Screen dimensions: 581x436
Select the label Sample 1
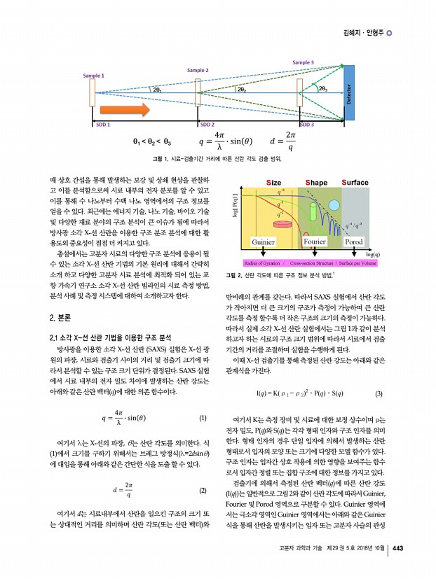tap(93, 75)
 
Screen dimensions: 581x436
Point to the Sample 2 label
tap(197, 70)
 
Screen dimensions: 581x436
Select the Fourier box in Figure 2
tap(314, 242)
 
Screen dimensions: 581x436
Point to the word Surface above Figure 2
tap(355, 183)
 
